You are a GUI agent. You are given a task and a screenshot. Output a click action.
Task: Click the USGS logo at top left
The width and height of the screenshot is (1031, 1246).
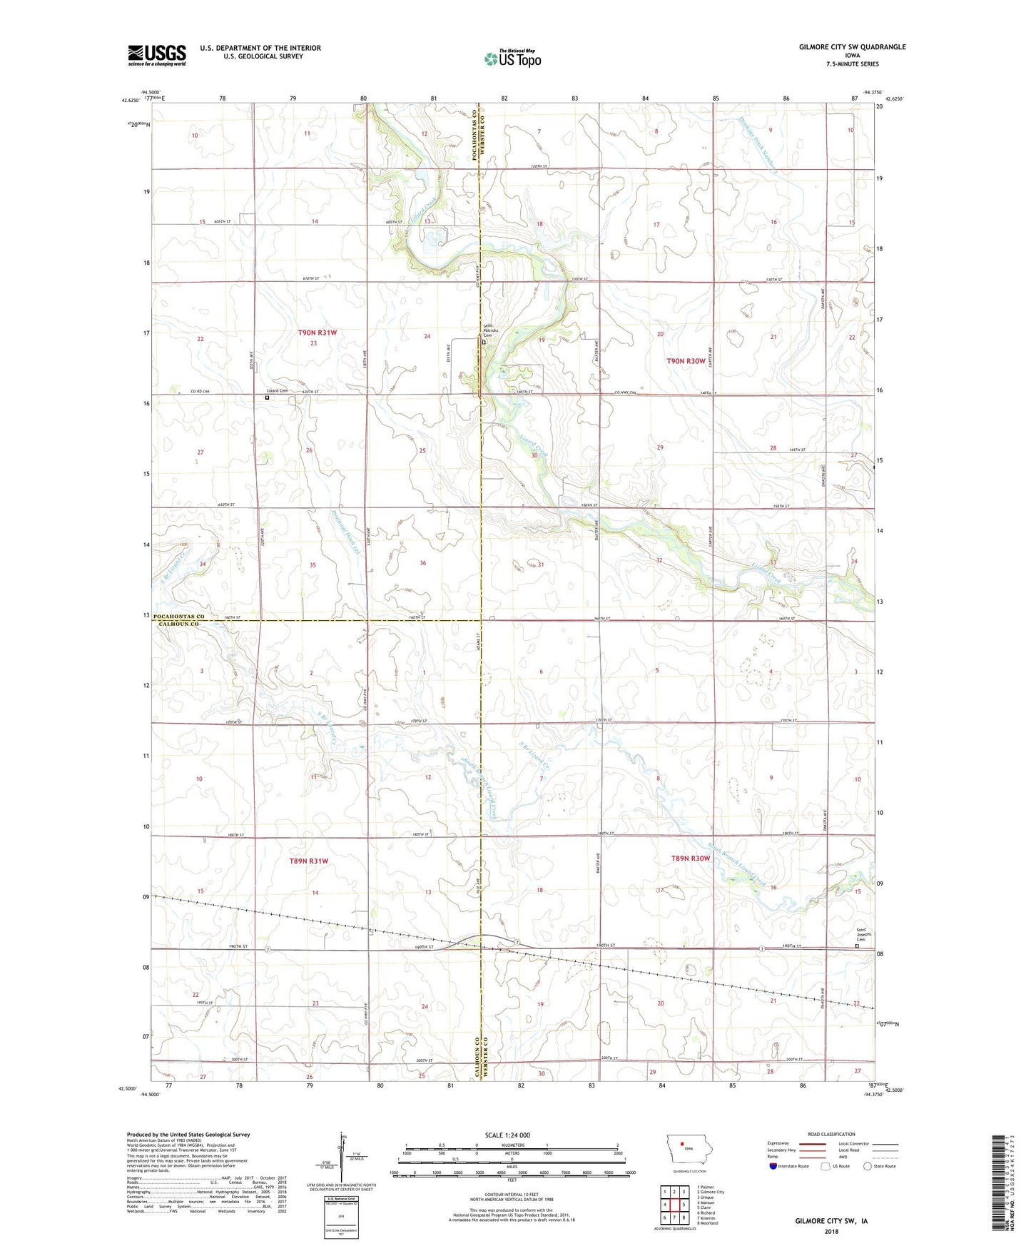click(x=157, y=54)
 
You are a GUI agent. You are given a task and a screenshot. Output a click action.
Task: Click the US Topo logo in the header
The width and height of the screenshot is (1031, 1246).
click(x=512, y=58)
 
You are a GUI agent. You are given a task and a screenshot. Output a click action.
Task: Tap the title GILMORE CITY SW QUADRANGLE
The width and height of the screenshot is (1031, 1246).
click(x=852, y=47)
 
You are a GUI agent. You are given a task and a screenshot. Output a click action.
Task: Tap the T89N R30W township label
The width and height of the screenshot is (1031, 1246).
click(x=690, y=858)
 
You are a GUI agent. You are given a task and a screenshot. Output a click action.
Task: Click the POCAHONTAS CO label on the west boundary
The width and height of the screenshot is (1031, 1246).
click(x=178, y=617)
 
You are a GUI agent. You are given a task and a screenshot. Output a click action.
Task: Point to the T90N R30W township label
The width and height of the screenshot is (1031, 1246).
click(x=686, y=361)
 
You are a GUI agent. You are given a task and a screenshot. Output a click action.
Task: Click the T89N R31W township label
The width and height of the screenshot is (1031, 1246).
click(x=309, y=861)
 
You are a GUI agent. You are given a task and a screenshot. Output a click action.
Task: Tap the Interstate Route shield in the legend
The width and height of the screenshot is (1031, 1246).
click(x=774, y=1166)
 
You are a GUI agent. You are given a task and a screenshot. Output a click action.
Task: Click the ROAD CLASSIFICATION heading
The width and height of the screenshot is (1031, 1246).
click(x=831, y=1134)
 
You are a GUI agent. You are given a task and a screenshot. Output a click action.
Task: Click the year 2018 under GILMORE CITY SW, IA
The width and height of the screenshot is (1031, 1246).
click(x=831, y=1231)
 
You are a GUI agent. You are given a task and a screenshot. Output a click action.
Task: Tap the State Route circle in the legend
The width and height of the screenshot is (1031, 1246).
click(x=868, y=1166)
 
